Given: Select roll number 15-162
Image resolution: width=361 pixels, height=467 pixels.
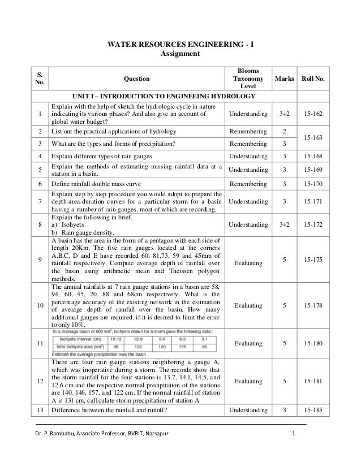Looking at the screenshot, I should pos(313,114).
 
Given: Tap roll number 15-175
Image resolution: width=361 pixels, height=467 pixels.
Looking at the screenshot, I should pos(313,260).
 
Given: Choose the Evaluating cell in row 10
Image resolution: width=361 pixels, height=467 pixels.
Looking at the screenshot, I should pos(248,306).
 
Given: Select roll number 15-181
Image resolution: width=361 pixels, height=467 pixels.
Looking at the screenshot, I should pos(313,381).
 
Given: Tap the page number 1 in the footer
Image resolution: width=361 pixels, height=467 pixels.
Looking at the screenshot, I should pos(292,434).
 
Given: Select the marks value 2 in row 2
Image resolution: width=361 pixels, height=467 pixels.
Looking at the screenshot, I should pos(284,131).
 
